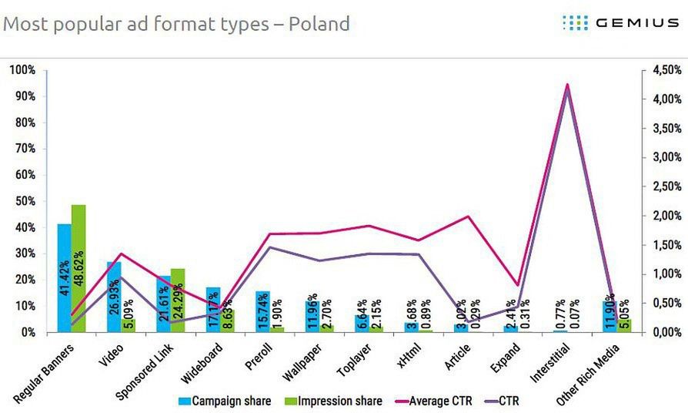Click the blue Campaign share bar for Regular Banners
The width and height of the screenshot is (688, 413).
(x=64, y=277)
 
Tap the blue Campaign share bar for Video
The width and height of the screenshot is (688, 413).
(x=113, y=297)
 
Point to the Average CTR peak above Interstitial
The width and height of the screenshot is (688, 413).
(x=567, y=85)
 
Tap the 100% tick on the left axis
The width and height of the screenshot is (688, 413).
(x=22, y=70)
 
